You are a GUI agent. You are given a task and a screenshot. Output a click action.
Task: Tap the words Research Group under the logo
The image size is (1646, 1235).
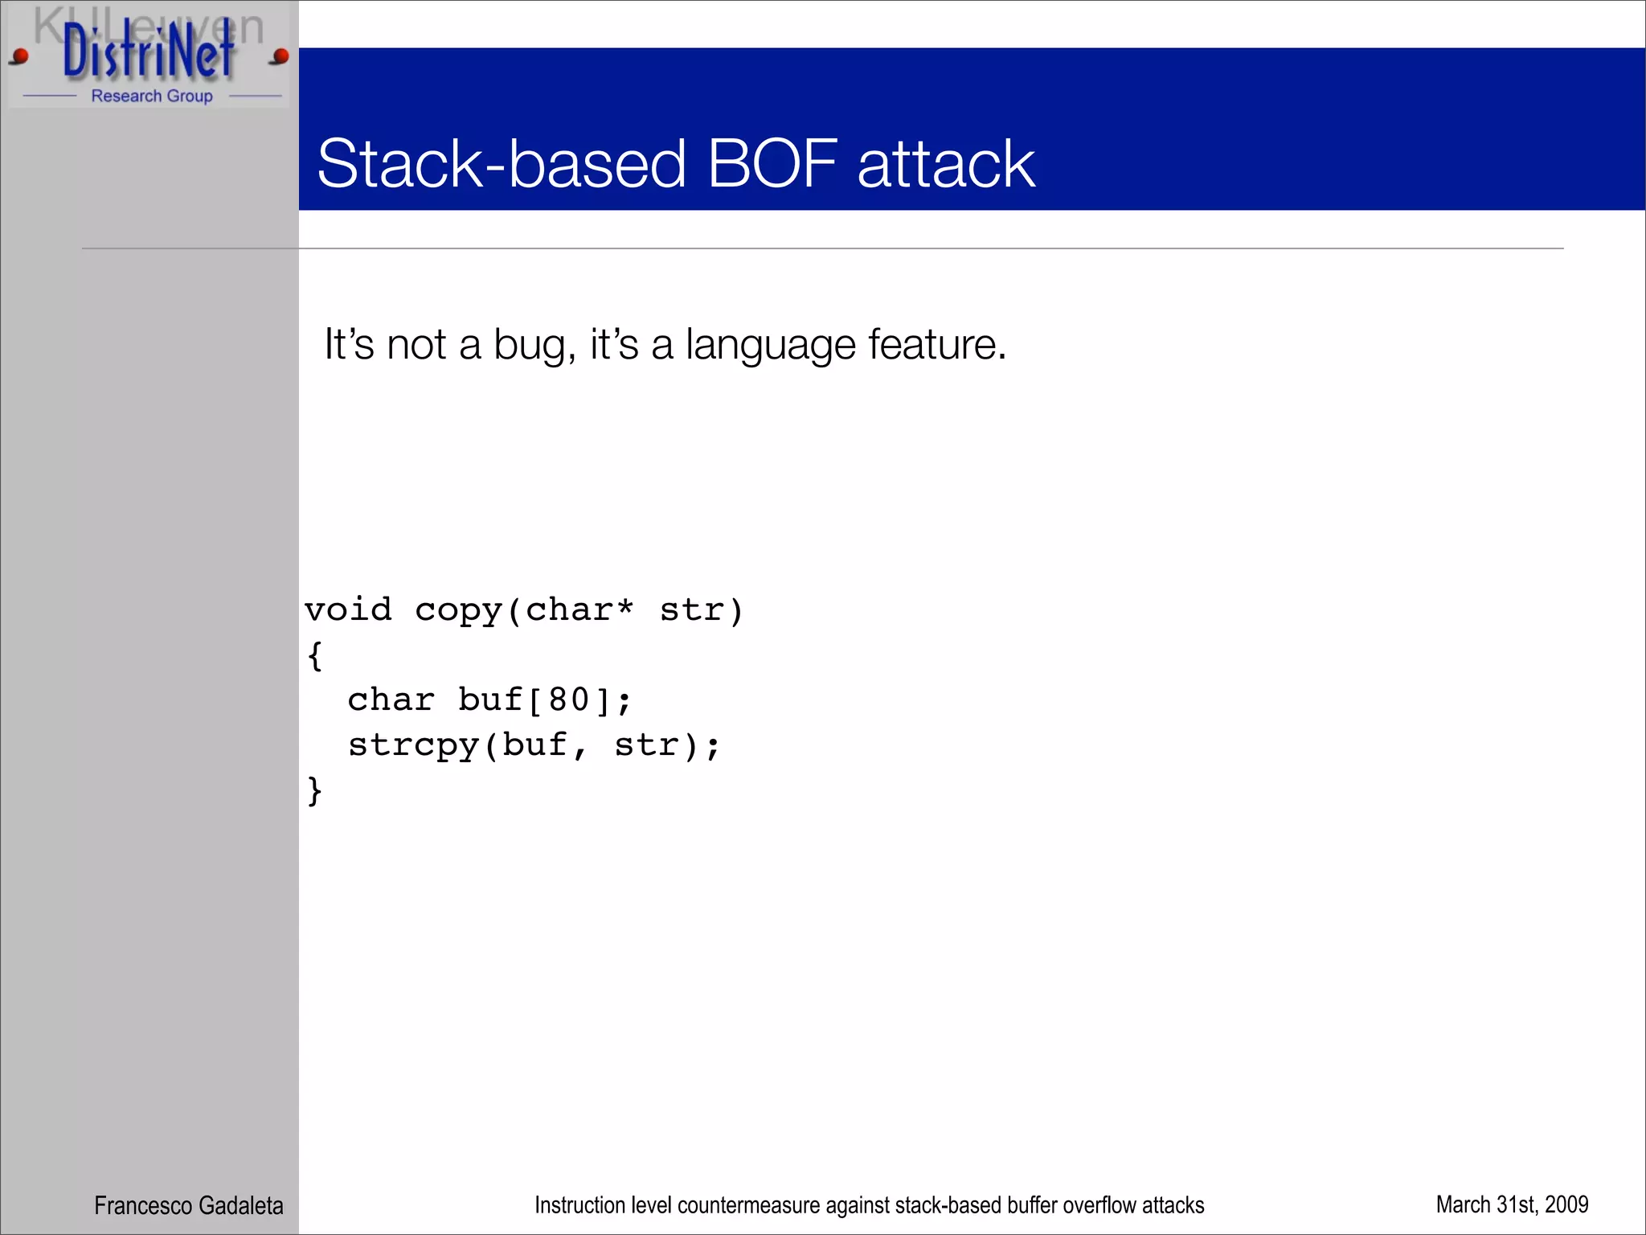pos(152,96)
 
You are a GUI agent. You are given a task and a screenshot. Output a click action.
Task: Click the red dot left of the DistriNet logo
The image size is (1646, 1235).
pos(20,56)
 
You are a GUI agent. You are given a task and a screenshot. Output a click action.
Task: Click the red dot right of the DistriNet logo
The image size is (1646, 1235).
pos(280,56)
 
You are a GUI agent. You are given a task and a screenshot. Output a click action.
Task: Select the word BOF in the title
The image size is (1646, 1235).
pos(772,164)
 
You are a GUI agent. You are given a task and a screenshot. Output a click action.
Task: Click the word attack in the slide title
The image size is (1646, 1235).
pos(946,164)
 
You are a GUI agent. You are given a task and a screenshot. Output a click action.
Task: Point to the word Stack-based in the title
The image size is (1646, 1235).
pos(502,164)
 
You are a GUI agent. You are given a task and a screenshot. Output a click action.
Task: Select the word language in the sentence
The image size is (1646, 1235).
pos(770,346)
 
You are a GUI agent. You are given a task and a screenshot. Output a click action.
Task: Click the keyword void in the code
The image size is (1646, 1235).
pos(348,609)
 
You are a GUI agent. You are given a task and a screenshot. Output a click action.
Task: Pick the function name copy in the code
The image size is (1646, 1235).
pos(459,611)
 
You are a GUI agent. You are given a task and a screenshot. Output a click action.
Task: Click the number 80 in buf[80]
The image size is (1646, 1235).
pos(569,700)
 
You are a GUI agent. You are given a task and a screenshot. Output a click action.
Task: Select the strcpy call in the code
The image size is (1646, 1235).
pos(413,746)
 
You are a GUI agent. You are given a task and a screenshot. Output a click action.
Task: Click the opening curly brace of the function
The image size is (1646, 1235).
pos(315,655)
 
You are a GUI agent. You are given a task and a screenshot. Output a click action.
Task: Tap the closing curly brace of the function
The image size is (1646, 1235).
pos(315,790)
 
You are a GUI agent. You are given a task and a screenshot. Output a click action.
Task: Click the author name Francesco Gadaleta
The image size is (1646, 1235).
pos(188,1205)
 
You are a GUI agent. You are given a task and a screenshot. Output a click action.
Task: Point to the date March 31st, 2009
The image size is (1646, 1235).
pos(1512,1204)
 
